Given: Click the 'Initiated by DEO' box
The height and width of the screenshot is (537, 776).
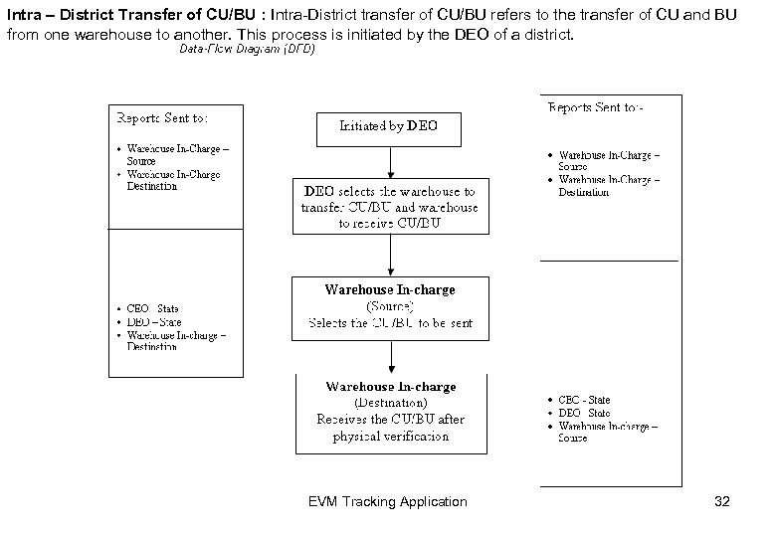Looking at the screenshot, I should pyautogui.click(x=388, y=127).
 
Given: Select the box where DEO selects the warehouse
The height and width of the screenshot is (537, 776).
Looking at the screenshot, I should pyautogui.click(x=390, y=207).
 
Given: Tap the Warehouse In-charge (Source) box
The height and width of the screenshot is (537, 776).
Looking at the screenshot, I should pyautogui.click(x=390, y=306).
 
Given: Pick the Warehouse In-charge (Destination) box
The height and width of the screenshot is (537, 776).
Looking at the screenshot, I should pyautogui.click(x=390, y=411).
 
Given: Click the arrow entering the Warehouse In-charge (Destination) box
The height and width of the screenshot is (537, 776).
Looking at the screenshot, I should pyautogui.click(x=390, y=355).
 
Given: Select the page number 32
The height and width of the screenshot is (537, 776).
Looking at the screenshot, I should pyautogui.click(x=721, y=501).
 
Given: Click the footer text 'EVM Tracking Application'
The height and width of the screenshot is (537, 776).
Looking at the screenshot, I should pyautogui.click(x=388, y=501).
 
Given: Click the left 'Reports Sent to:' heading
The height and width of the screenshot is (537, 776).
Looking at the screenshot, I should pyautogui.click(x=163, y=117).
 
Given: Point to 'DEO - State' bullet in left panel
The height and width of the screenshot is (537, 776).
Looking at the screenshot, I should pyautogui.click(x=153, y=321).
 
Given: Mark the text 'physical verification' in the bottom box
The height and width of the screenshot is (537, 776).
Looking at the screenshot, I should pyautogui.click(x=390, y=436).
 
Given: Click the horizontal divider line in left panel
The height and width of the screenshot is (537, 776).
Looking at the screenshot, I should pyautogui.click(x=175, y=229).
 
